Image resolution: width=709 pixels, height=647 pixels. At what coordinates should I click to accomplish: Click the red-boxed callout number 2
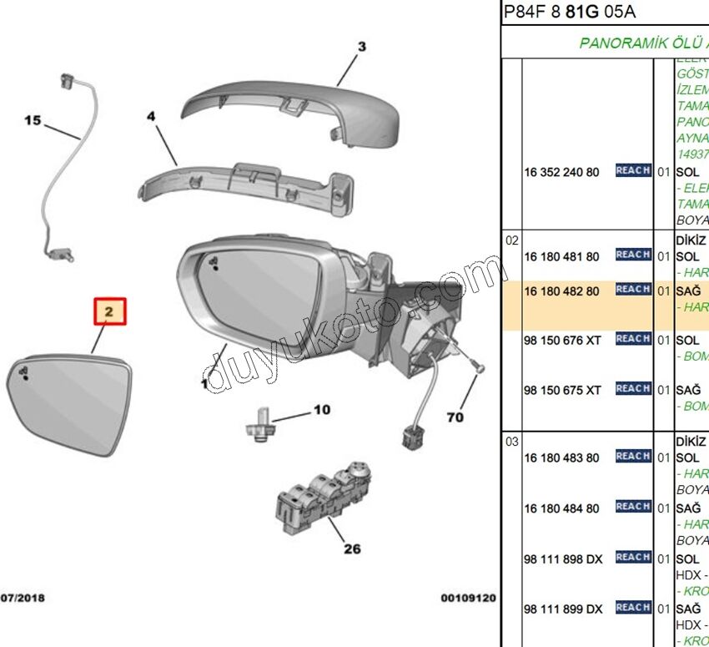click(109, 312)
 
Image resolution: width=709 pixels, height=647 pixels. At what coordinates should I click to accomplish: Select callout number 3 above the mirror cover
click(362, 47)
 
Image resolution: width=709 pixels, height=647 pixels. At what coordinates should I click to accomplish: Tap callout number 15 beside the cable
click(32, 121)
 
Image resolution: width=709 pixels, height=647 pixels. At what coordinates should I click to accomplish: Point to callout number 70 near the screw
click(455, 417)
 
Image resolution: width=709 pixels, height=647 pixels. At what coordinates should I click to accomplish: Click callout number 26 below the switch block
click(352, 548)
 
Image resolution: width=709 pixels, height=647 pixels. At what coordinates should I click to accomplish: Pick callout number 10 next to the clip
click(322, 410)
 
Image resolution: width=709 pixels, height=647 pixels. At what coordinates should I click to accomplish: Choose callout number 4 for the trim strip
click(152, 117)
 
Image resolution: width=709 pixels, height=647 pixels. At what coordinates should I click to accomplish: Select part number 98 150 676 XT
click(562, 340)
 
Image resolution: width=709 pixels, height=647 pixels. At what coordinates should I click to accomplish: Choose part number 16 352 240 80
click(561, 172)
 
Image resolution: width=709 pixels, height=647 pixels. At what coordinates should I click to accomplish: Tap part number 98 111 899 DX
click(562, 609)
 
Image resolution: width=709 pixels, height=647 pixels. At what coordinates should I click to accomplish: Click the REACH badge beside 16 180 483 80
click(633, 457)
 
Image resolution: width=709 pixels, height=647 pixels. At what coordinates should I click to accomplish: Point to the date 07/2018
click(23, 599)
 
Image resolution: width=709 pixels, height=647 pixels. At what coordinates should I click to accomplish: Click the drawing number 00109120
click(468, 599)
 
